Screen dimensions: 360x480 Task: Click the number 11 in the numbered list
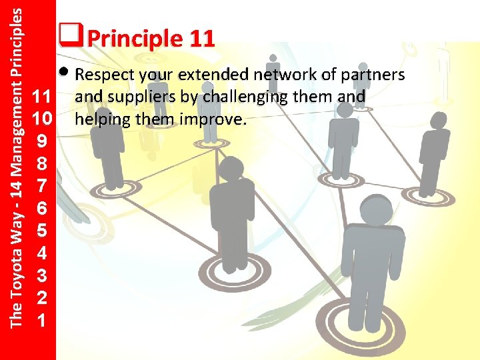point(42,98)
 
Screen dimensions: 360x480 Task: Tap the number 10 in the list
point(42,120)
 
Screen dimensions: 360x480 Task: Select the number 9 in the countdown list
point(42,142)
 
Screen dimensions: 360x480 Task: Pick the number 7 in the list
point(42,186)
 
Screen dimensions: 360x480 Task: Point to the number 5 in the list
point(42,230)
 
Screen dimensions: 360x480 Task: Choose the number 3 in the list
point(42,275)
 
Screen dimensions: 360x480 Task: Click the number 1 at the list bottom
point(42,319)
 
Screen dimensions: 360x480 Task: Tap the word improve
point(217,120)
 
